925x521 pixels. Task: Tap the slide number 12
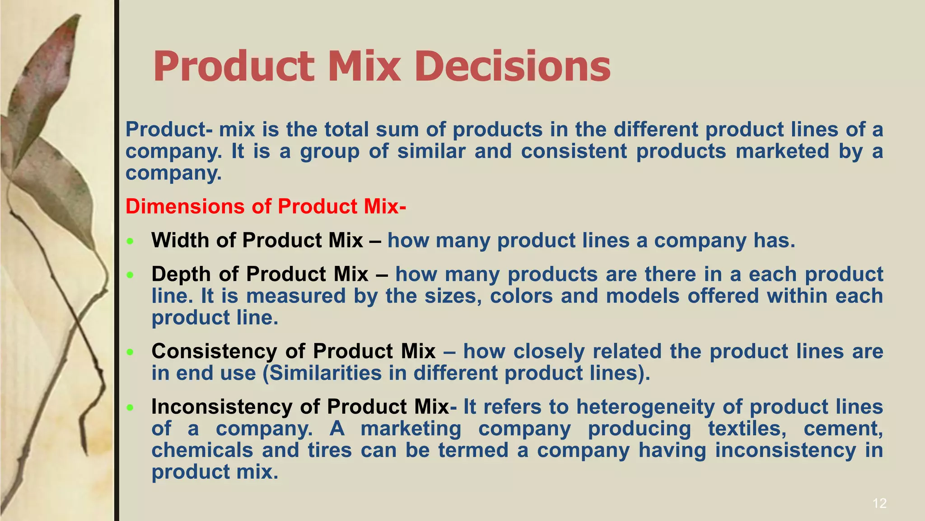[879, 503]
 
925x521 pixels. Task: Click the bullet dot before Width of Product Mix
[130, 242]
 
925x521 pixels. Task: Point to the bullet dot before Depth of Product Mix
[130, 275]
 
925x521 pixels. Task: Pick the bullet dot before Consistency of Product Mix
[130, 352]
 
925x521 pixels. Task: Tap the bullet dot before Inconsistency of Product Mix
[130, 407]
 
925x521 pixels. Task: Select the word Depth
[182, 274]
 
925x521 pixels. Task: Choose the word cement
[843, 428]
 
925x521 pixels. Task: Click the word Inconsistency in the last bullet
[222, 407]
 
